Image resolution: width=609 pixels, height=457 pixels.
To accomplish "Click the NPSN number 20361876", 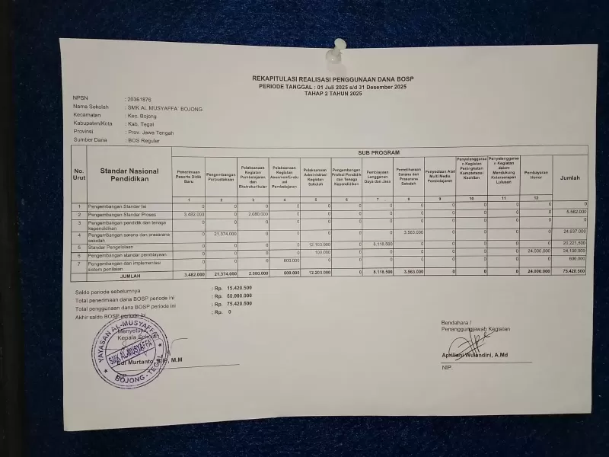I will pos(139,99).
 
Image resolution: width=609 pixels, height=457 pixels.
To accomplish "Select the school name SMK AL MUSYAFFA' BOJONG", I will pos(165,109).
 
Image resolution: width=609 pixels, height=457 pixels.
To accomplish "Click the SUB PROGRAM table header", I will pos(378,153).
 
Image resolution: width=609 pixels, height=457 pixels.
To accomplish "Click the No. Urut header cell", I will pos(79,174).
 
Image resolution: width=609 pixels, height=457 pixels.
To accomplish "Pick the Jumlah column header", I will pos(570,178).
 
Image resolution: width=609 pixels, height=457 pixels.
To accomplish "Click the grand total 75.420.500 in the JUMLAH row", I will pos(572,271).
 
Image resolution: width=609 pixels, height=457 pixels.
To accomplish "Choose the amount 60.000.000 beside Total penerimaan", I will pos(236,296).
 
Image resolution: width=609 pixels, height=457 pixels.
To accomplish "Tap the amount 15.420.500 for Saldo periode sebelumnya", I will pos(236,288).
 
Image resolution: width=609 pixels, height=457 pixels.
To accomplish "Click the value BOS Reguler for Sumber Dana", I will pos(145,141).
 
